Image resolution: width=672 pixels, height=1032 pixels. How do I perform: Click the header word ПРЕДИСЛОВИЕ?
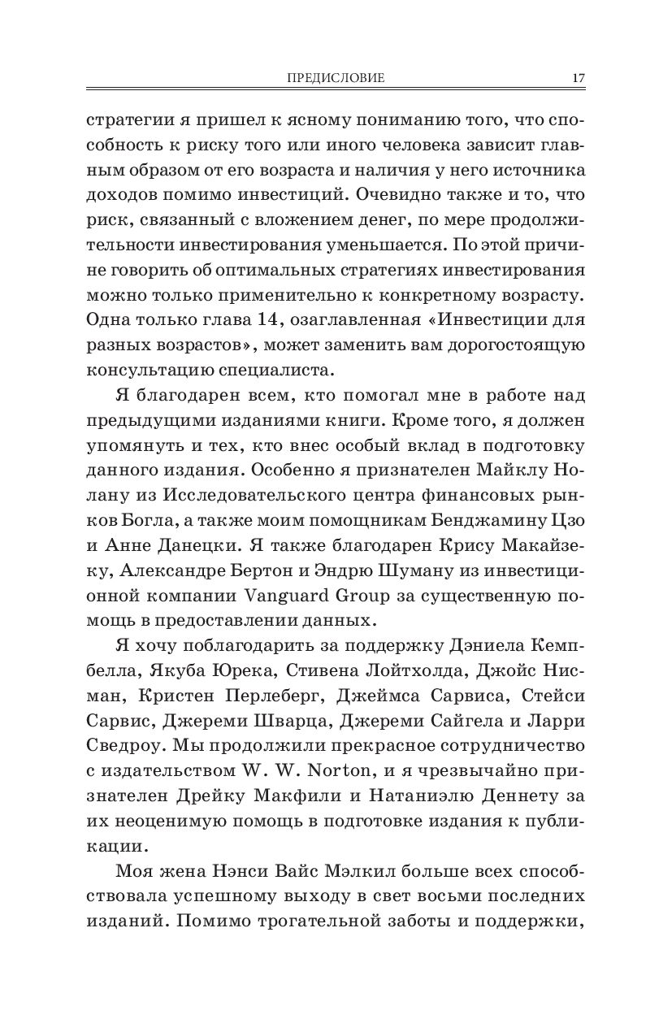point(336,78)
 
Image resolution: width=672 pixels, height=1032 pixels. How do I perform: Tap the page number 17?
point(578,78)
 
